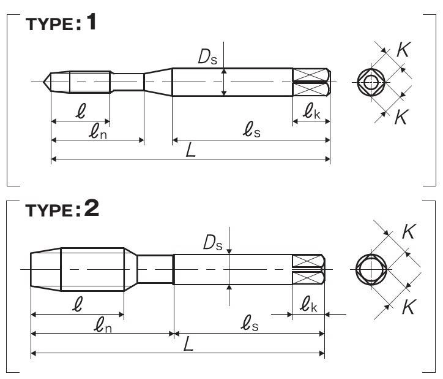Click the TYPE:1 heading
(x=61, y=22)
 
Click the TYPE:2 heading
(x=62, y=209)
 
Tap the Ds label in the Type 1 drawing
(x=207, y=56)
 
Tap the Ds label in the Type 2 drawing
(x=213, y=242)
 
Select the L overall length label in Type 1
(x=191, y=150)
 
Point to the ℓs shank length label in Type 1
(x=251, y=129)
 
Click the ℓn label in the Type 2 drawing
(x=103, y=324)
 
